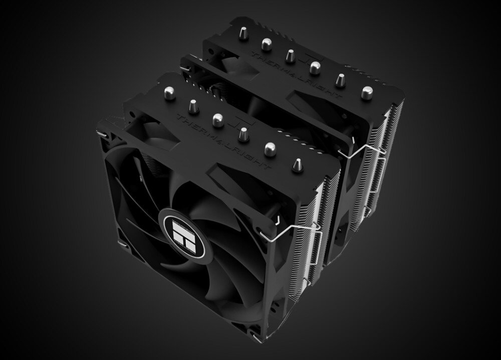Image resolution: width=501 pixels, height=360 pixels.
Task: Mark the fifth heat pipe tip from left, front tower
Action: [x=270, y=147]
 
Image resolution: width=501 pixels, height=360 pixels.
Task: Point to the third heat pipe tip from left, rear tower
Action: [x=290, y=54]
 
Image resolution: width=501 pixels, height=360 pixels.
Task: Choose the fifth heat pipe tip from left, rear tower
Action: [x=340, y=79]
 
